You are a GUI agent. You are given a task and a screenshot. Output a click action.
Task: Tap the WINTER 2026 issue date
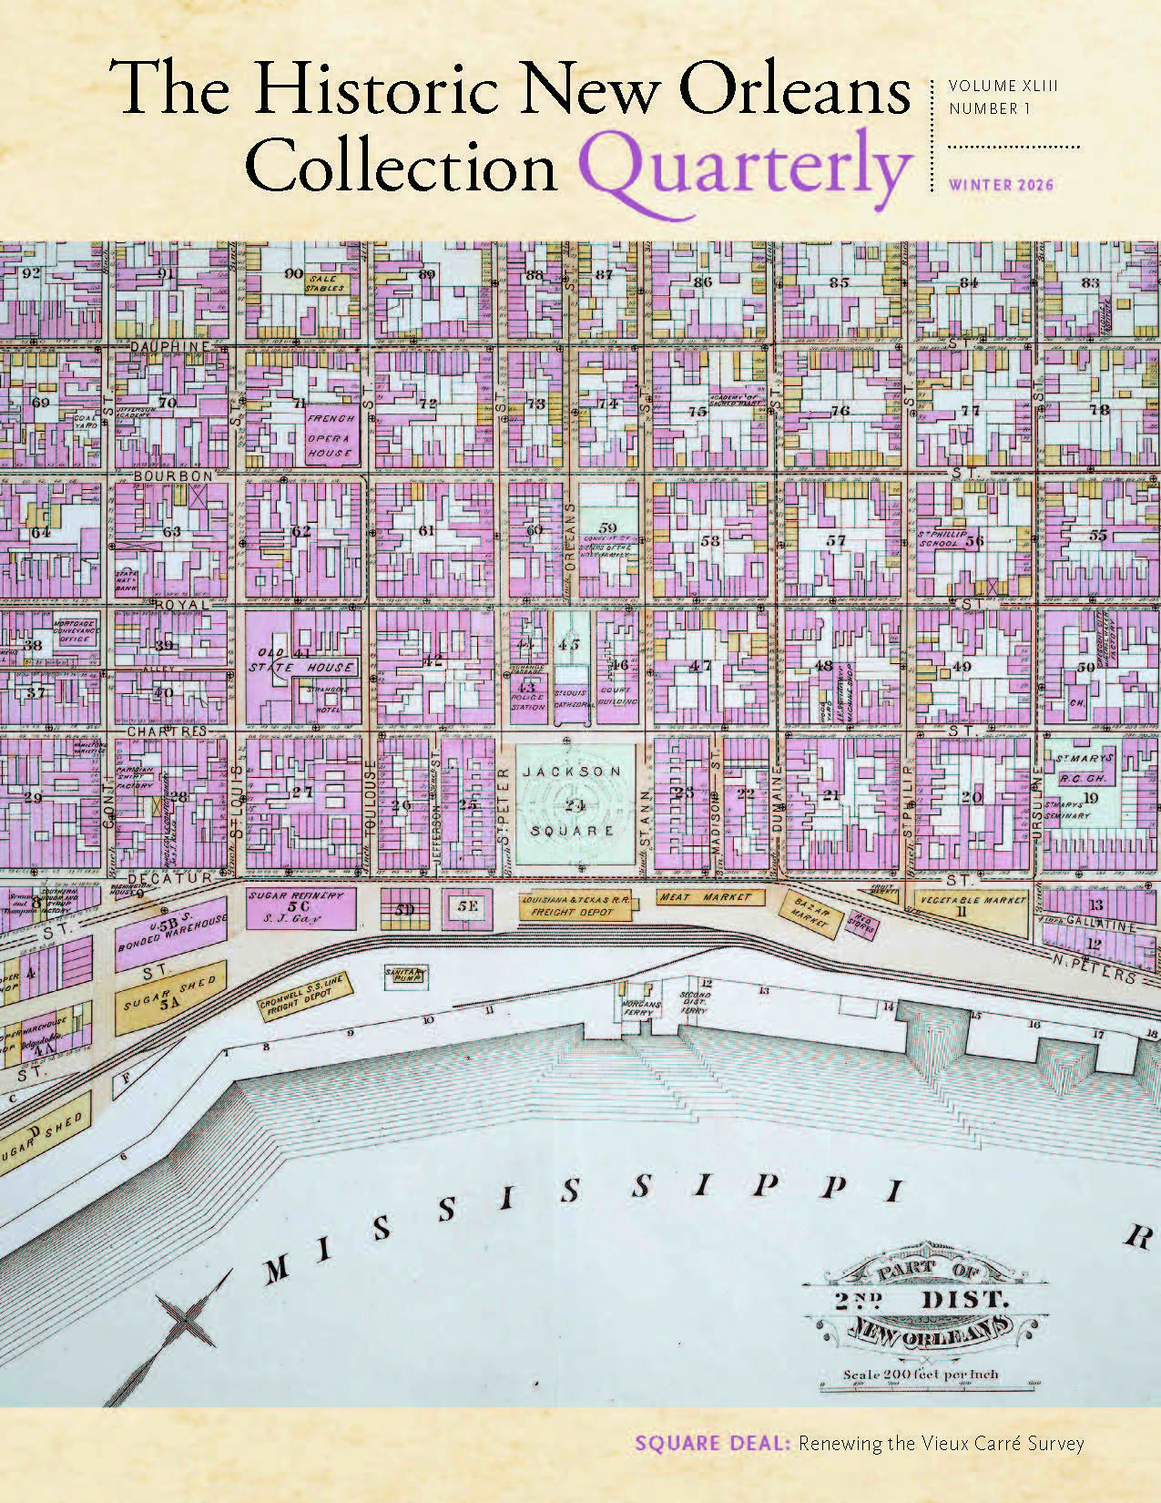pyautogui.click(x=1001, y=185)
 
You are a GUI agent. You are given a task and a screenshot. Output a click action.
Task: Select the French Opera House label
pyautogui.click(x=329, y=435)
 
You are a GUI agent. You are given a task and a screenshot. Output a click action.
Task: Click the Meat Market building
pyautogui.click(x=707, y=897)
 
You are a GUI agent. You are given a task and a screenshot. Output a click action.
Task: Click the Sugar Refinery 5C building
pyautogui.click(x=297, y=906)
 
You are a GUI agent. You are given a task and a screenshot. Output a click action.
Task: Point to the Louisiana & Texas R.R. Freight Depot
pyautogui.click(x=573, y=905)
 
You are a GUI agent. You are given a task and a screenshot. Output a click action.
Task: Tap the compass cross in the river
pyautogui.click(x=186, y=1318)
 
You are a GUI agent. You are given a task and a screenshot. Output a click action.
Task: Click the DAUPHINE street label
pyautogui.click(x=169, y=346)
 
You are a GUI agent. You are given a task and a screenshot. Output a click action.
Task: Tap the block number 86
pyautogui.click(x=702, y=282)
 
